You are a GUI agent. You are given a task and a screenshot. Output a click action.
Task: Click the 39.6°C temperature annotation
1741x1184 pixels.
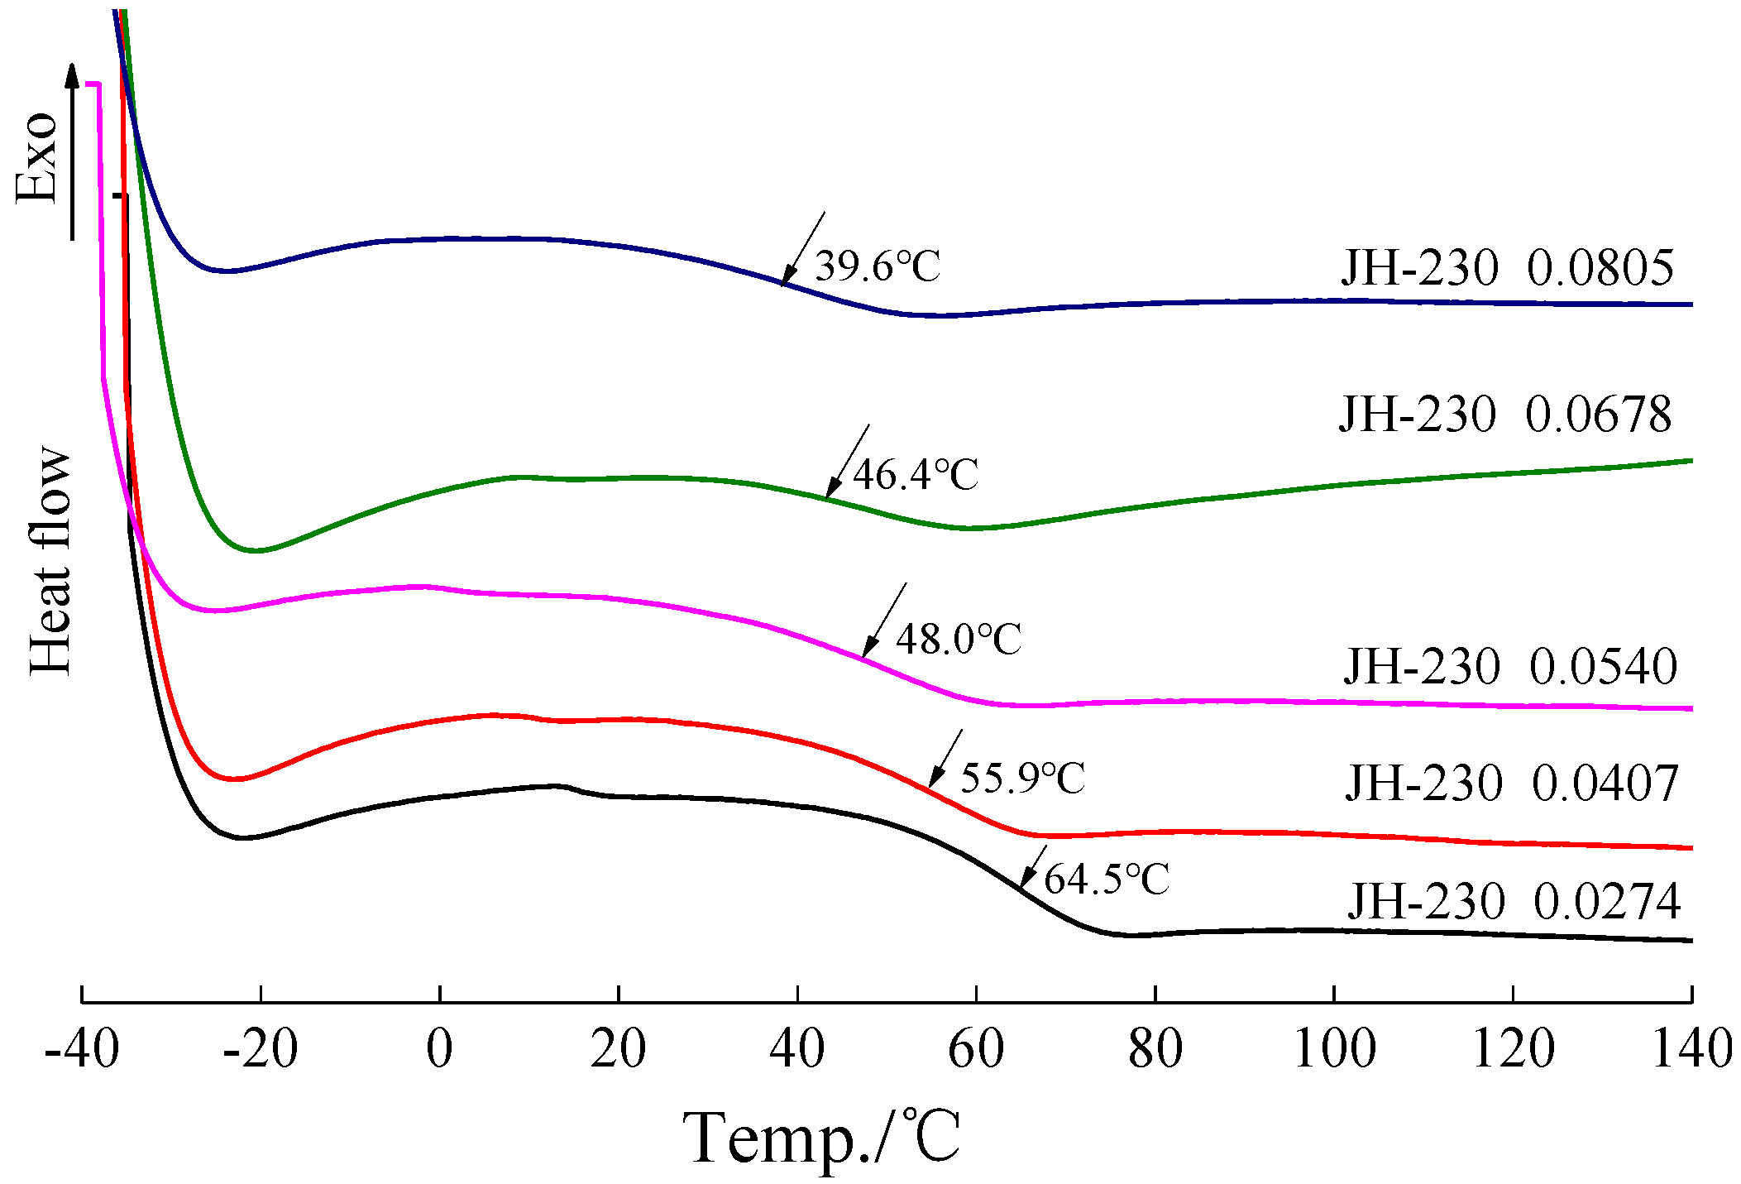[x=878, y=266]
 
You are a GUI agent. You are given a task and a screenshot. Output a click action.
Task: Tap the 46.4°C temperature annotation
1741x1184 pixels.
[x=916, y=475]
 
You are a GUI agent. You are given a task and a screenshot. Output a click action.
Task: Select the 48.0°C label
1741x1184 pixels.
[x=959, y=640]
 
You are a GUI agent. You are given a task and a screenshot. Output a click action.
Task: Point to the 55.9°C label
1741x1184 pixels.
[x=1022, y=778]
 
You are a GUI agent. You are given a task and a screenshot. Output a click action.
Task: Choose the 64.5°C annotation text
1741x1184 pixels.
[x=1107, y=879]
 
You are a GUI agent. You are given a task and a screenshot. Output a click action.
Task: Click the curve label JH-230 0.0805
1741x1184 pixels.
[x=1507, y=268]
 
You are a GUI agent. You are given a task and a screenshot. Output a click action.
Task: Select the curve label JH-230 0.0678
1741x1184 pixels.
[x=1505, y=415]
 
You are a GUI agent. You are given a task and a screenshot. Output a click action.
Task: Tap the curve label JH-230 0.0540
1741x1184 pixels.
[x=1510, y=667]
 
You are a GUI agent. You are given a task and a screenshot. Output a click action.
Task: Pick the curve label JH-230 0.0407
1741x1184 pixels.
[x=1512, y=784]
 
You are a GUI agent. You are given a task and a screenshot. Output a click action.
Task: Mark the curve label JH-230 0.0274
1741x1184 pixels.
[x=1514, y=902]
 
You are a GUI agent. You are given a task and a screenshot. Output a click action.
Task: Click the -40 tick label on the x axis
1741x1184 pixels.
[x=82, y=1049]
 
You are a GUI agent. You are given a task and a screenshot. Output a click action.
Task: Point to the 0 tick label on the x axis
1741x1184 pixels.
[x=439, y=1049]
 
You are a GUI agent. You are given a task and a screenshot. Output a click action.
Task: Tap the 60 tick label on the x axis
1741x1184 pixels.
[x=976, y=1049]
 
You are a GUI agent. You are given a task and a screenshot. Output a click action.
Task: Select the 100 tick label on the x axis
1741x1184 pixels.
[x=1334, y=1049]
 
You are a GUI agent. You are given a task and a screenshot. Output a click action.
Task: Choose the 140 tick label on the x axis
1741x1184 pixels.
[x=1692, y=1049]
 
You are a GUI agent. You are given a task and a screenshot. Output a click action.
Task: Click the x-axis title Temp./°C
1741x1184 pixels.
[x=821, y=1138]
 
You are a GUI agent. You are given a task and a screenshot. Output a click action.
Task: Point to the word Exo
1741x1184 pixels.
[x=37, y=157]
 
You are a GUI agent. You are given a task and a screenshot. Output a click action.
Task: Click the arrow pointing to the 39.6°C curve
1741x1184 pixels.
[x=802, y=249]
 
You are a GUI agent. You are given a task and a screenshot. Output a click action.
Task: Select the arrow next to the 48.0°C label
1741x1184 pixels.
[x=884, y=620]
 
